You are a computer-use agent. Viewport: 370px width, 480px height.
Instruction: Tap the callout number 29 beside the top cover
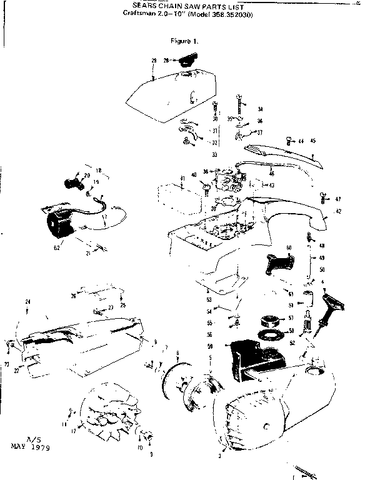154,61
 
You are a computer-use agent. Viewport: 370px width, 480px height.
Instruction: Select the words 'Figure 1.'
184,41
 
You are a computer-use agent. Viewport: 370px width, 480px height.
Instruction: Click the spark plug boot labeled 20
72,182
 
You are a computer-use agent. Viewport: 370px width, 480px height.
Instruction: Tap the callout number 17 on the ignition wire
105,217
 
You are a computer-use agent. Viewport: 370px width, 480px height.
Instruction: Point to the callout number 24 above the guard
27,302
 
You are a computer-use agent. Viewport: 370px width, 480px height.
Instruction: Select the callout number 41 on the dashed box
182,179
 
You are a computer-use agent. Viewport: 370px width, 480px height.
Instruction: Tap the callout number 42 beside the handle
338,211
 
